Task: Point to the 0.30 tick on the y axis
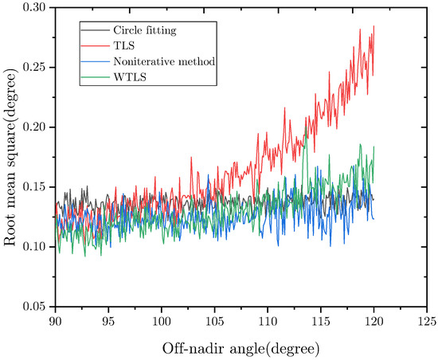[34, 8]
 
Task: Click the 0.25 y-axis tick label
[34, 68]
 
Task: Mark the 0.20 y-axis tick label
[34, 127]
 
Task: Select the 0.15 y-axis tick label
[34, 187]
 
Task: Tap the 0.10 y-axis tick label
[34, 247]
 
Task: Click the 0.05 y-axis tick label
[34, 307]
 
